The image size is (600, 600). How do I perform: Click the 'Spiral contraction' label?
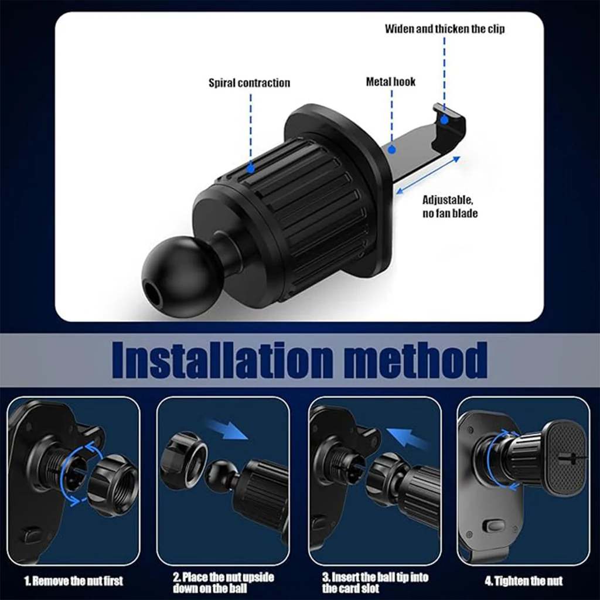(x=249, y=83)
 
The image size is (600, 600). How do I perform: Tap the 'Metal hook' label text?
(x=391, y=81)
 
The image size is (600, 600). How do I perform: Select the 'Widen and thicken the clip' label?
(x=444, y=29)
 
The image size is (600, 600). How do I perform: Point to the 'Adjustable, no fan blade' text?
(x=450, y=206)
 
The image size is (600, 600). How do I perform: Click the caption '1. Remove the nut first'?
(x=74, y=581)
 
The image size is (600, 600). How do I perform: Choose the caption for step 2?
(x=223, y=582)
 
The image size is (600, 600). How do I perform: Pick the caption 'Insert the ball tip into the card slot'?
(x=375, y=582)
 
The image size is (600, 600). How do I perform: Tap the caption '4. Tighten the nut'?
(x=523, y=581)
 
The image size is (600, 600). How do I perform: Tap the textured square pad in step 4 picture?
(x=565, y=458)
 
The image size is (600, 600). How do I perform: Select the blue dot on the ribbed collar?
(x=250, y=169)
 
